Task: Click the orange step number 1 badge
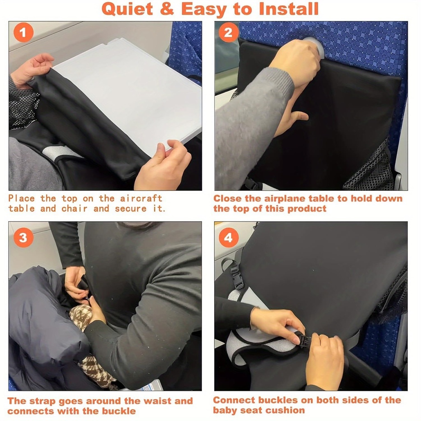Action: click(23, 33)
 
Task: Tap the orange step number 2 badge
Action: click(229, 33)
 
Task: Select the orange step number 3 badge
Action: click(23, 238)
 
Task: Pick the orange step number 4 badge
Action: click(229, 238)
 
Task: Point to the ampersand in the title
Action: click(167, 9)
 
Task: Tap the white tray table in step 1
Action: click(132, 90)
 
